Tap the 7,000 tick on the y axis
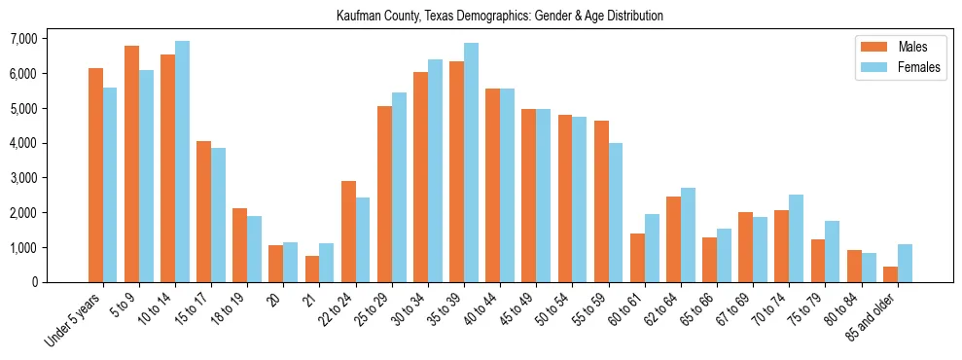23,39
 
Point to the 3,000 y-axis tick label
23,178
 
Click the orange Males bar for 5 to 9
131,163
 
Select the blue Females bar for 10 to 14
182,162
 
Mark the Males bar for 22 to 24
348,232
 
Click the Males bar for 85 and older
890,274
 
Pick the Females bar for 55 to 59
616,212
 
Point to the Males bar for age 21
312,269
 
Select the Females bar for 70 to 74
797,238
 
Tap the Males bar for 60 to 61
637,258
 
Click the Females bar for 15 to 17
219,215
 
